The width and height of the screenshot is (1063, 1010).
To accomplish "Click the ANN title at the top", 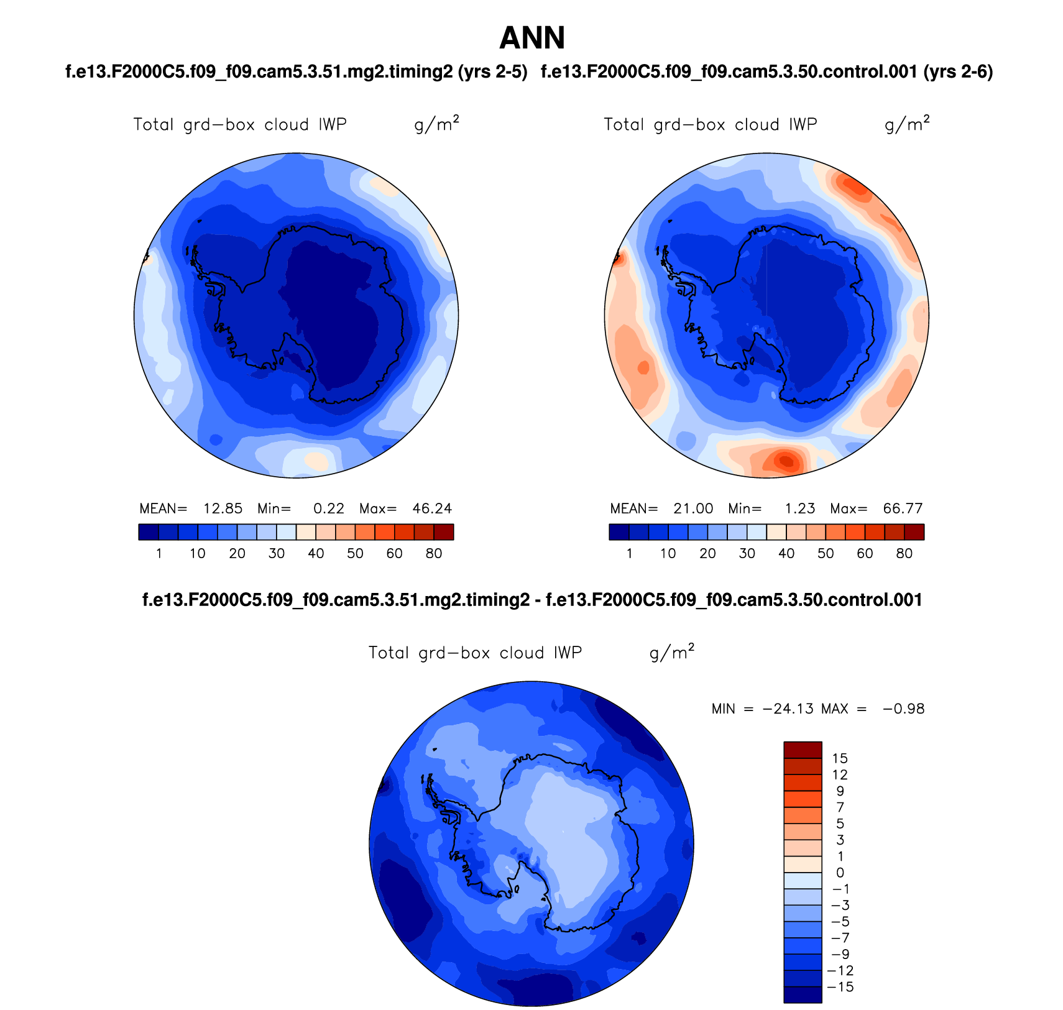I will coord(532,39).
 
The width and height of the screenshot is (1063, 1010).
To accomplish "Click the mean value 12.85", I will coord(223,508).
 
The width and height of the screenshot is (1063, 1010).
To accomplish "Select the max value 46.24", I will coord(432,508).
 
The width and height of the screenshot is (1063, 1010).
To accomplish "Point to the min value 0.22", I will coord(328,508).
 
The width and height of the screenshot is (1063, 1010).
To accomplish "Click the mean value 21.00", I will coord(693,508).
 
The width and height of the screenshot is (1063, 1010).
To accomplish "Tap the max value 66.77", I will coord(903,508).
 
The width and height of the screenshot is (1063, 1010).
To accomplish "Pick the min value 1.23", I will coord(799,508).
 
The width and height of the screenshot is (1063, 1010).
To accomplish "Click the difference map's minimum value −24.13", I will coord(788,709).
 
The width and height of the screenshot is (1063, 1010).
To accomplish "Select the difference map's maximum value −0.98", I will coord(903,709).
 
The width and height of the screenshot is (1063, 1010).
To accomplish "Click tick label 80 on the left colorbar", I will coord(434,553).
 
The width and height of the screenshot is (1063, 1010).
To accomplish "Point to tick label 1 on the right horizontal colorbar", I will coord(630,553).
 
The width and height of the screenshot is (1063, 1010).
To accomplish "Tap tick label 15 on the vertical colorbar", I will coord(840,758).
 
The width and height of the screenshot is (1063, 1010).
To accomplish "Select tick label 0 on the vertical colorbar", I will coord(840,873).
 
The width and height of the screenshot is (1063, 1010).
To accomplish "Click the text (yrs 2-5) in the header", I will coord(492,72).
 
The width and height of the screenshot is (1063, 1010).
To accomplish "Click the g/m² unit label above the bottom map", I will coord(671,652).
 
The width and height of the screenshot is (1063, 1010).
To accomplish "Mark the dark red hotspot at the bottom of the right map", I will coord(786,461).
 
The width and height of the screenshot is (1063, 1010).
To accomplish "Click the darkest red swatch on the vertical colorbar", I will coord(803,750).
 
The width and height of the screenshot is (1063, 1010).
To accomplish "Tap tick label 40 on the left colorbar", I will coord(316,553).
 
